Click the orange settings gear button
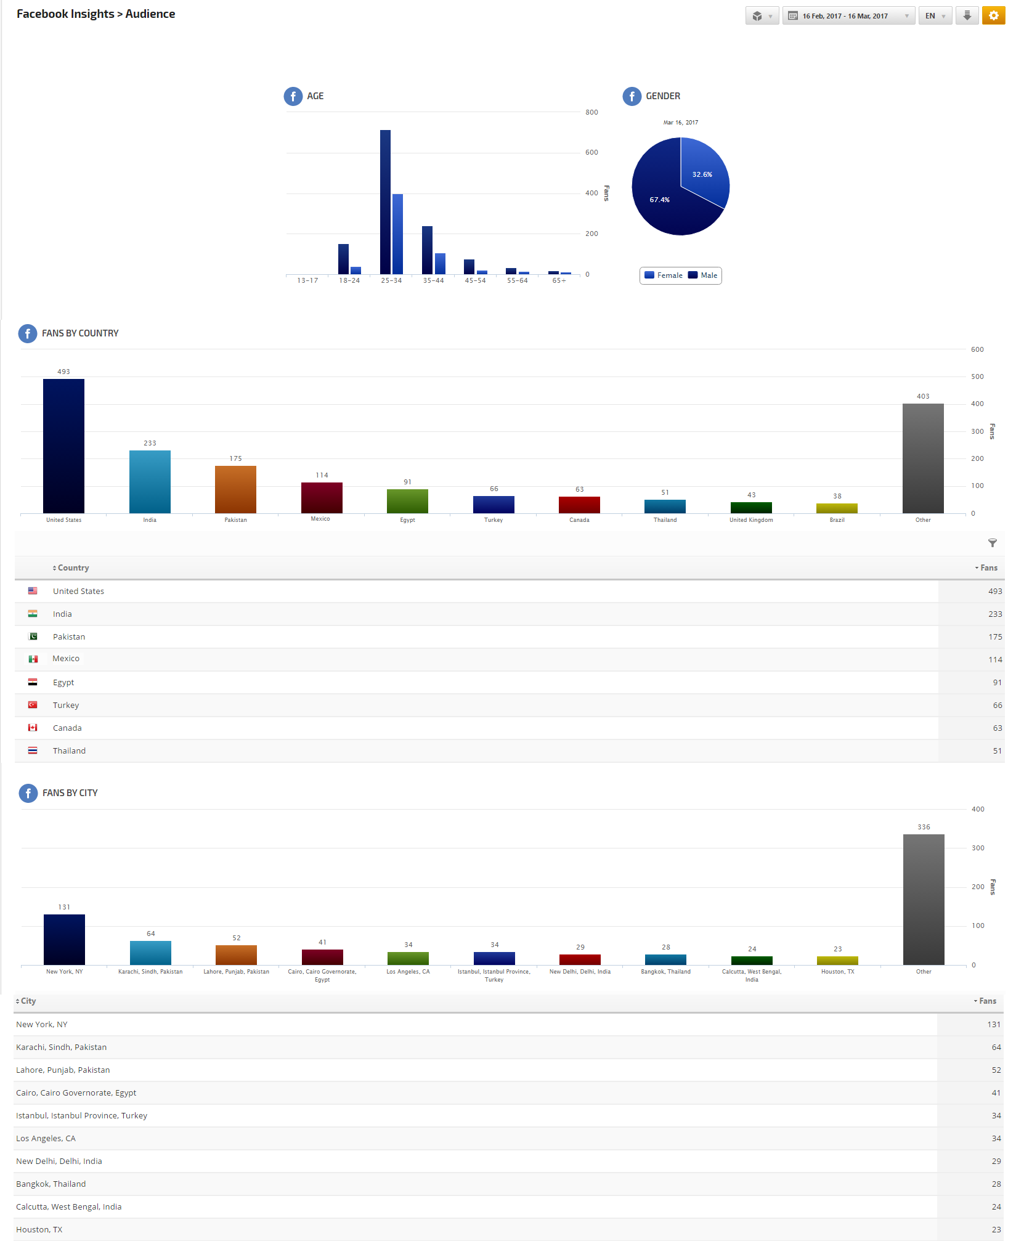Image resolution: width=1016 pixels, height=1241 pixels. pos(993,16)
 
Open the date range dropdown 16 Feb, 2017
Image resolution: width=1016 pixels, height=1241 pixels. pos(848,16)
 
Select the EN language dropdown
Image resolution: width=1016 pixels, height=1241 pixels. pos(935,16)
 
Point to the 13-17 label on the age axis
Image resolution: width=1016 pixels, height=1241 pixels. pos(307,281)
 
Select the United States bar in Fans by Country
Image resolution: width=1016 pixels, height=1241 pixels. pos(63,446)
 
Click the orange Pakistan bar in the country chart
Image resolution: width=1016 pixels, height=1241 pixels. pos(235,489)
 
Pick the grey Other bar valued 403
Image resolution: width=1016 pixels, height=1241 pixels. pos(922,458)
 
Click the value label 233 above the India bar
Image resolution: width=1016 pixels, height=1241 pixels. pos(150,444)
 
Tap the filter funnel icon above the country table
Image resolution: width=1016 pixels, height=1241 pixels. pos(992,543)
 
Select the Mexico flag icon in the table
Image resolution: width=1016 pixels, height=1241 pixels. pos(33,659)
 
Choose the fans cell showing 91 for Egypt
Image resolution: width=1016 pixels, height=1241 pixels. pos(997,683)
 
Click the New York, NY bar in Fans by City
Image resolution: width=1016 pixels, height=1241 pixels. pos(64,940)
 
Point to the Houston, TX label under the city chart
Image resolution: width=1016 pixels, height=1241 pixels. pos(837,972)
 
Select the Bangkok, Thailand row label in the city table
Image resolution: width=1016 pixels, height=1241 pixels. pos(51,1184)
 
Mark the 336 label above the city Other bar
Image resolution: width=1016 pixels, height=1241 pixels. pos(924,828)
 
